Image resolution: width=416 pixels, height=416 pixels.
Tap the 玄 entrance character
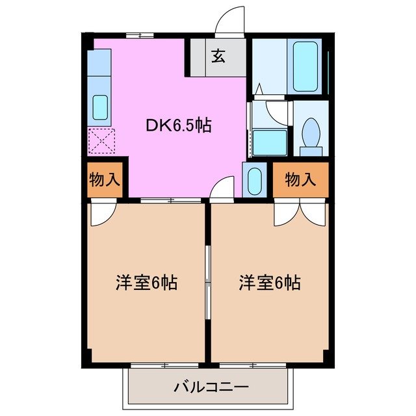pos(217,57)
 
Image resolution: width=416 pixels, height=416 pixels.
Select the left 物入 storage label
pos(104,180)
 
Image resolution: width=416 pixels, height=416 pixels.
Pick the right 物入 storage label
pos(300,180)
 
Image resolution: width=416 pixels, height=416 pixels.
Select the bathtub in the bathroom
pos(305,67)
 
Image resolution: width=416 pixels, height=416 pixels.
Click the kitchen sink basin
pos(100,107)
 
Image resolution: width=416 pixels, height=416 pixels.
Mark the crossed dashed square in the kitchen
pos(101,140)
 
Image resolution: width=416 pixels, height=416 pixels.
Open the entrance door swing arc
pos(230,19)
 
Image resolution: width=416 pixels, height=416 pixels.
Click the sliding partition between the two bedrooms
pos(207,283)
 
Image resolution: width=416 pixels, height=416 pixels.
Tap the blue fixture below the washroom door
pos(269,142)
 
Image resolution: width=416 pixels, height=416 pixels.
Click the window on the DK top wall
pos(139,34)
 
